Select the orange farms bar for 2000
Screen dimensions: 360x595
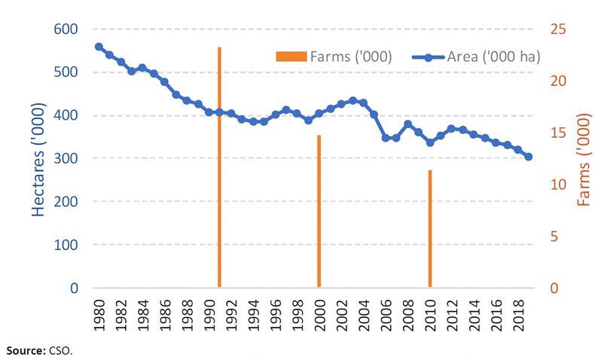click(x=319, y=212)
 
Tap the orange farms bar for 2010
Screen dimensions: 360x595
click(x=429, y=229)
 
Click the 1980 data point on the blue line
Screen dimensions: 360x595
click(x=99, y=47)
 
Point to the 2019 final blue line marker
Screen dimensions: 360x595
click(x=529, y=157)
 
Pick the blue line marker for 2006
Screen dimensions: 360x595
click(x=386, y=138)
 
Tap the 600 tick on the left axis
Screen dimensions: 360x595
click(x=67, y=29)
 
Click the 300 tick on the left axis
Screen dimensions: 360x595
click(x=67, y=159)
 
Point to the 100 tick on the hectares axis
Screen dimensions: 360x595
click(x=67, y=246)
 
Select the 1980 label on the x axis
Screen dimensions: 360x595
click(x=99, y=310)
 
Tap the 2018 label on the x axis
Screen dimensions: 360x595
click(x=518, y=310)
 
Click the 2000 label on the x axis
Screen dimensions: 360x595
click(x=319, y=310)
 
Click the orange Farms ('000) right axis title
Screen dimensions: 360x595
click(x=583, y=160)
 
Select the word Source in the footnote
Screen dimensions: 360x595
click(x=23, y=350)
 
